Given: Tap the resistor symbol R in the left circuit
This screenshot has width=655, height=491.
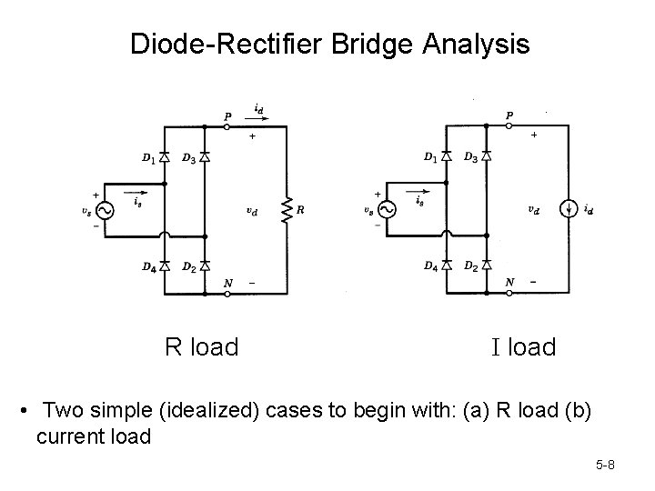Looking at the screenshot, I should (x=288, y=210).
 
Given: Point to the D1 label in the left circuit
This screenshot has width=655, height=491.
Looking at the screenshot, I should (x=147, y=158).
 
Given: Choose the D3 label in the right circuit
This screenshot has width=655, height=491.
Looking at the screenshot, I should (x=470, y=158).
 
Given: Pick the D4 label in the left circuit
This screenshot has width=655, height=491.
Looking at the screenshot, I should (x=147, y=266).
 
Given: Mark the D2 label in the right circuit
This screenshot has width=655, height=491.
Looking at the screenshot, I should (x=470, y=266).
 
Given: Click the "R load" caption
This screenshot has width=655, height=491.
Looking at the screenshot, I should (x=201, y=347).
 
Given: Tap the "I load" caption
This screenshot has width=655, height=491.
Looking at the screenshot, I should (x=523, y=347).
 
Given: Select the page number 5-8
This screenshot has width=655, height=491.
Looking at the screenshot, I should (x=606, y=466).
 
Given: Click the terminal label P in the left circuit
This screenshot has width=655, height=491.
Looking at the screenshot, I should (x=227, y=115).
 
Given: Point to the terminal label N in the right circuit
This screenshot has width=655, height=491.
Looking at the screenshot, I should (x=509, y=282).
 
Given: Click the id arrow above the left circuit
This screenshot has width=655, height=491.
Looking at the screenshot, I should (x=258, y=115).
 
